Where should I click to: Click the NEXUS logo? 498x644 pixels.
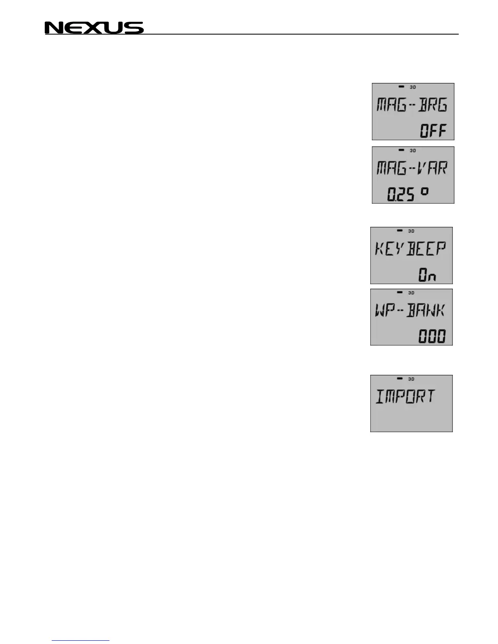(x=94, y=28)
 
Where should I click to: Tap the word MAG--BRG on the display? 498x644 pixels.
(x=412, y=105)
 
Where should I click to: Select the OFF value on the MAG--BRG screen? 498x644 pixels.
(x=433, y=131)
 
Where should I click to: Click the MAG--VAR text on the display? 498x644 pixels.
(x=412, y=168)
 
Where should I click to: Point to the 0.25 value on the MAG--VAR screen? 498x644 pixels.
(x=400, y=194)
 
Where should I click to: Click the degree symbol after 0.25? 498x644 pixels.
(x=424, y=191)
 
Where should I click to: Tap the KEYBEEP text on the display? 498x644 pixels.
(x=410, y=248)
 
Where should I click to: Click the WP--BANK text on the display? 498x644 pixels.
(x=410, y=311)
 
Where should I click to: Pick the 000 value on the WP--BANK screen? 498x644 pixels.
(x=432, y=337)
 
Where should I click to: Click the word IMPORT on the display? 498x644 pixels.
(x=405, y=397)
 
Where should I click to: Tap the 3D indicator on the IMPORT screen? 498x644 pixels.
(x=411, y=379)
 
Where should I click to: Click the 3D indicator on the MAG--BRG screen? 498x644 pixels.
(x=413, y=87)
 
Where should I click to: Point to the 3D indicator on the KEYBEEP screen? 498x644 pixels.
(x=411, y=231)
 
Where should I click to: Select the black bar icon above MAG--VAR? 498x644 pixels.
(x=401, y=150)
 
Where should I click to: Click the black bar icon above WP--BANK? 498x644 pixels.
(x=400, y=292)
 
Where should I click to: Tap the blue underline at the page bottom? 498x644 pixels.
(x=81, y=641)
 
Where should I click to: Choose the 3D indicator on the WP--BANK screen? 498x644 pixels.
(x=411, y=293)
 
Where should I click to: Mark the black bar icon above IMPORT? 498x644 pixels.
(x=400, y=379)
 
